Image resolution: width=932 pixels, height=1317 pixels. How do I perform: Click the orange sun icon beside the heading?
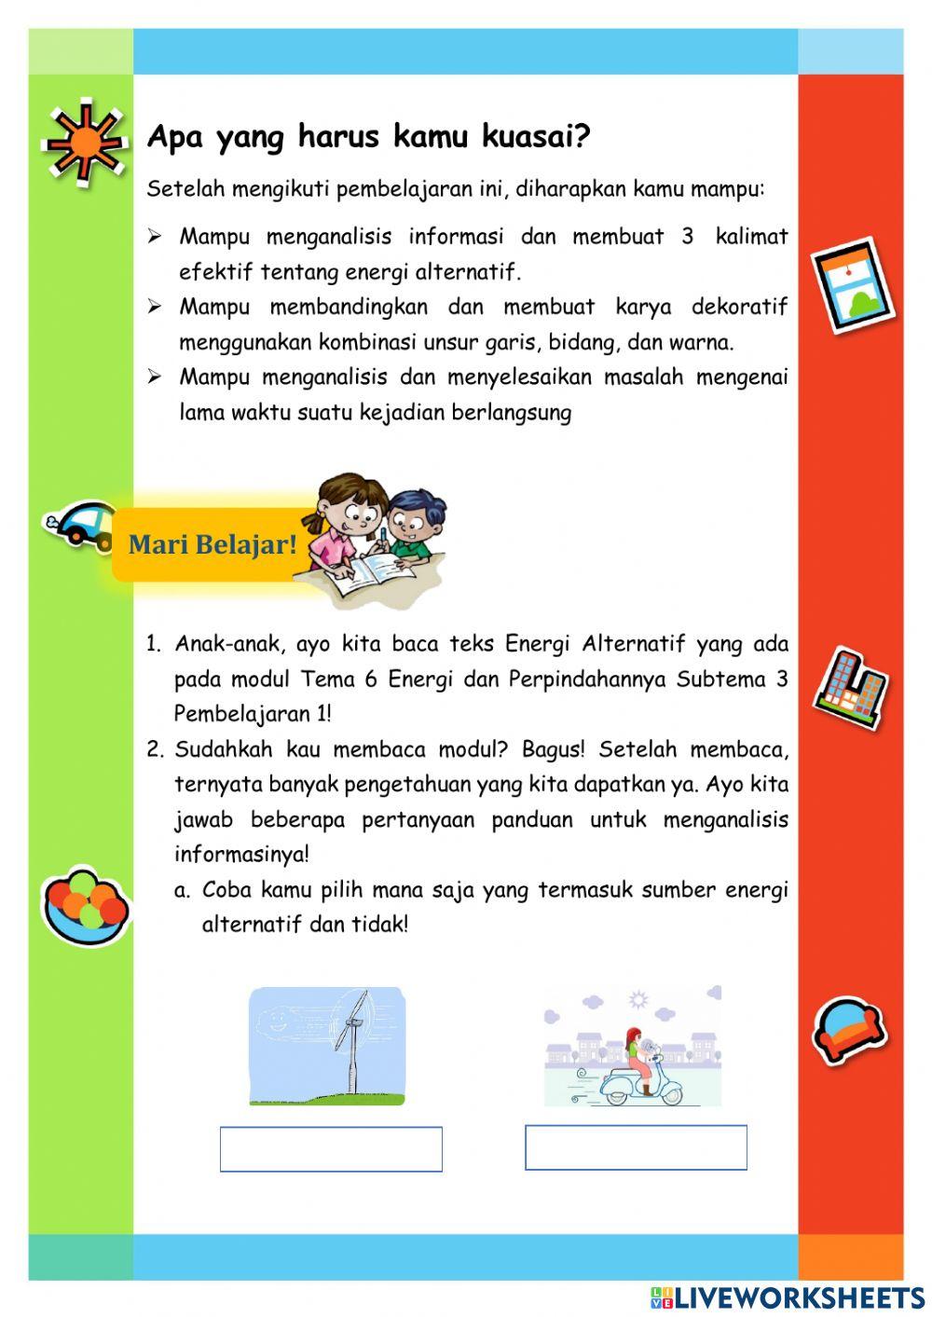pyautogui.click(x=85, y=140)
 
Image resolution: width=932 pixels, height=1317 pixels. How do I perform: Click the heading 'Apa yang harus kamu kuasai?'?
pyautogui.click(x=369, y=137)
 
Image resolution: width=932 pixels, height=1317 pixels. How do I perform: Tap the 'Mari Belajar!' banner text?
pyautogui.click(x=212, y=544)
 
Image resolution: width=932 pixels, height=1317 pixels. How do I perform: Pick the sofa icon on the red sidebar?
pyautogui.click(x=848, y=1030)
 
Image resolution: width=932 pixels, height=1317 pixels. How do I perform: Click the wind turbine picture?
pyautogui.click(x=327, y=1046)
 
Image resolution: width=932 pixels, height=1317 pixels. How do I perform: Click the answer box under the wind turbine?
pyautogui.click(x=331, y=1148)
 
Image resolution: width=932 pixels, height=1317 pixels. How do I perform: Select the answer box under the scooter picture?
pyautogui.click(x=636, y=1146)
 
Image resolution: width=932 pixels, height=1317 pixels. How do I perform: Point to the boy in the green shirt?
pyautogui.click(x=410, y=527)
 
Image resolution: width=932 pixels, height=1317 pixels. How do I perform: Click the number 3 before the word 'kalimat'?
pyautogui.click(x=687, y=237)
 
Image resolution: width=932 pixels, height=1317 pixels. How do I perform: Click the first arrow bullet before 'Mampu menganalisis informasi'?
pyautogui.click(x=155, y=237)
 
